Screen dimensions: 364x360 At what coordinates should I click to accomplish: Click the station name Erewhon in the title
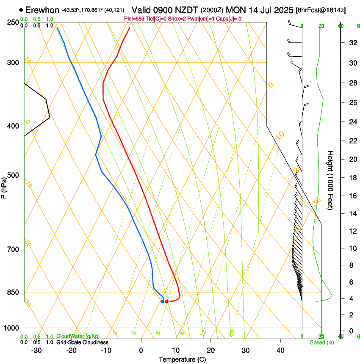(x=42, y=10)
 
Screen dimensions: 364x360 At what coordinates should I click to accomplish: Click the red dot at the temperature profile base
(x=167, y=301)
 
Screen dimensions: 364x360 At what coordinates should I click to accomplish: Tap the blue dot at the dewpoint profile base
(x=163, y=301)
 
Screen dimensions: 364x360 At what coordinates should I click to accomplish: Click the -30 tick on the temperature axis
(x=37, y=350)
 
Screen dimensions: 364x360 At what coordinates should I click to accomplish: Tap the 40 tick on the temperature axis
(x=280, y=350)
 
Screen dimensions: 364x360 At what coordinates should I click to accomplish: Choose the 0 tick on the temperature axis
(x=141, y=350)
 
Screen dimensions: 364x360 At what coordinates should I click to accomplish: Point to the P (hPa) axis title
(x=4, y=186)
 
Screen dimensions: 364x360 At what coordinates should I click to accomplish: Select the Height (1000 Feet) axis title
(x=331, y=180)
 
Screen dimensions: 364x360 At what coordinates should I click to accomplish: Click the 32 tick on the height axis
(x=352, y=43)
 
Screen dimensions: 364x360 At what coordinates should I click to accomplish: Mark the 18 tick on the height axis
(x=352, y=178)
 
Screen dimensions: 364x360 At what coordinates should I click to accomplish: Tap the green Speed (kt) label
(x=321, y=342)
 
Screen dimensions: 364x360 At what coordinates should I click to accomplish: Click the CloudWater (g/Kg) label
(x=78, y=336)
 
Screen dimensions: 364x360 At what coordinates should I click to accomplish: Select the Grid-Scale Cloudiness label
(x=82, y=342)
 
